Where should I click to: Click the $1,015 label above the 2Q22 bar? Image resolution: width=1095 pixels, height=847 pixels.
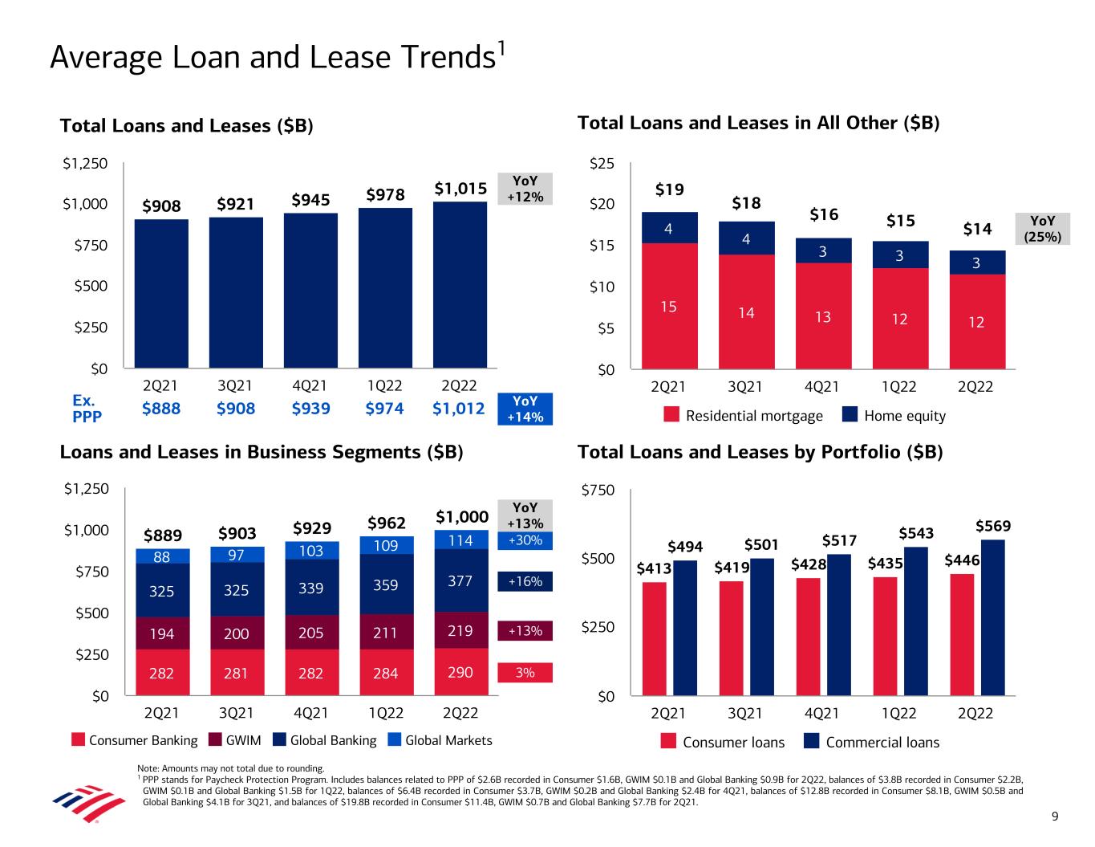coord(460,189)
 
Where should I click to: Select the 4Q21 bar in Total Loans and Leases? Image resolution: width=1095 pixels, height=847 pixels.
coord(310,290)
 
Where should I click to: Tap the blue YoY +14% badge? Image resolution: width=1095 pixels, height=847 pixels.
coord(525,409)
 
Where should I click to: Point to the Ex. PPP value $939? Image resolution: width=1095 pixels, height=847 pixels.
coord(310,409)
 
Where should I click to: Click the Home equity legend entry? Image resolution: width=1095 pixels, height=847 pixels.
coord(894,416)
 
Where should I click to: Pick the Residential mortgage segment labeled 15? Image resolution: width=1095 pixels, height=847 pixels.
coord(669,306)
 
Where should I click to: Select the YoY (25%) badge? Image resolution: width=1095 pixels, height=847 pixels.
coord(1042,228)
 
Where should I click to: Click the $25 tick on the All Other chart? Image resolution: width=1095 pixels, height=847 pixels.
coord(602,164)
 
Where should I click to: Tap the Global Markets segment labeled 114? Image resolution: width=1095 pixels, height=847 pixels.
coord(460,540)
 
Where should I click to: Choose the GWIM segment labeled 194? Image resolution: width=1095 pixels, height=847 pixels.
coord(162,633)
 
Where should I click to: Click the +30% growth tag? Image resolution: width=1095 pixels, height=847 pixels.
coord(525,540)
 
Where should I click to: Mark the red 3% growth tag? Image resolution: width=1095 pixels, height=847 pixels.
coord(525,673)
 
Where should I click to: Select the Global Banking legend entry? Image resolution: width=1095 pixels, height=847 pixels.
coord(324,740)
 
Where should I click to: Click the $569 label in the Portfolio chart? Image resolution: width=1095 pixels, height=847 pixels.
coord(993,527)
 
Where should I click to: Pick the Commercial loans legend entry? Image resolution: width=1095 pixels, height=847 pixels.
coord(872,742)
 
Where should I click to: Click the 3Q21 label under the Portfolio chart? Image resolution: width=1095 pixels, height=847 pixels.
coord(745,714)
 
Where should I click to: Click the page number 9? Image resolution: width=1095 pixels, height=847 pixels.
coord(1056,817)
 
